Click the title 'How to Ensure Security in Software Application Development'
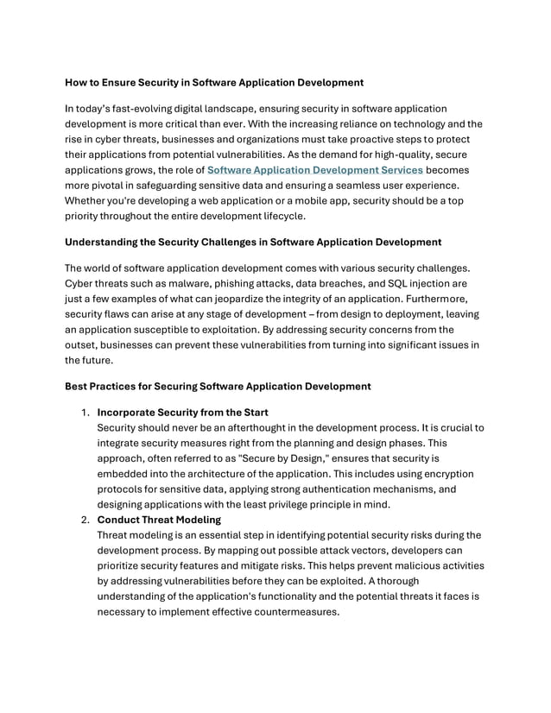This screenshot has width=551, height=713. pos(214,83)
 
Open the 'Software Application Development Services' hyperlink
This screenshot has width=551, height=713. pos(315,170)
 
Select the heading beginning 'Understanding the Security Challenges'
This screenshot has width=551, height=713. pos(253,242)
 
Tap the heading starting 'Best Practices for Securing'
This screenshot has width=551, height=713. pos(218,386)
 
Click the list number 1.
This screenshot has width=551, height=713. pos(85,412)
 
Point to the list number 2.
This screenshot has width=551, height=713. pos(85,520)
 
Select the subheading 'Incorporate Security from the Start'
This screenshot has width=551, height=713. pos(182,412)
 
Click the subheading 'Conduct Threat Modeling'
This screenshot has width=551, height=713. pos(160,520)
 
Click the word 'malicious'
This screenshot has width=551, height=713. pos(411,566)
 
